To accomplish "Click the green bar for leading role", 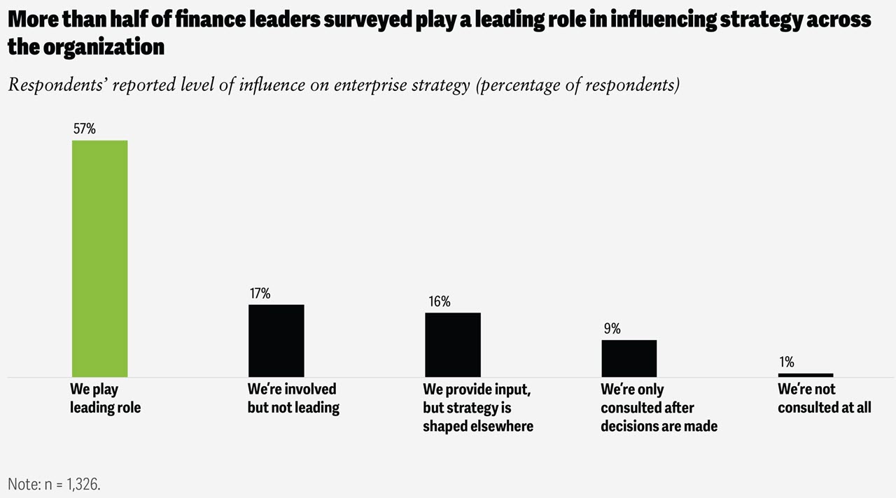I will coord(100,259).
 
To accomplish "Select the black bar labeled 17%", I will coord(276,341).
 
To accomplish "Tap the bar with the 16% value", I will coord(453,345).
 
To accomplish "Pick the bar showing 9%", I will coord(629,359).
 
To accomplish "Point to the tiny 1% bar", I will coord(805,375).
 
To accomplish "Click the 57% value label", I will coord(84,129).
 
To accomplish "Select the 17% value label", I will coord(260,293).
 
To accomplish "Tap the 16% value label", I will coord(440,301).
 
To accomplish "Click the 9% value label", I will coord(611,329).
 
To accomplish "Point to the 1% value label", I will coord(786,362).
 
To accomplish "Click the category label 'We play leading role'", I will coord(105,398).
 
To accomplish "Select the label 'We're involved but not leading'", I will coord(293,398).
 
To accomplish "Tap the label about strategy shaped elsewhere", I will coord(477,407).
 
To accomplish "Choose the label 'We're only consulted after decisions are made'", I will coord(659,407).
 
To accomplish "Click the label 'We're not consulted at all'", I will coord(824,398).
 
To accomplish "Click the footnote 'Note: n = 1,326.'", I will coord(54,483).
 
